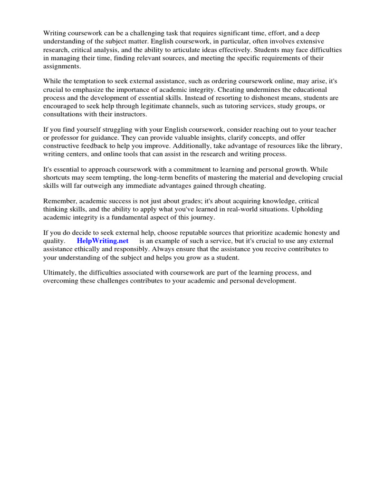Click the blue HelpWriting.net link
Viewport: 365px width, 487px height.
[103, 241]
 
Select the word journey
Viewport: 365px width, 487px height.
[202, 218]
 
